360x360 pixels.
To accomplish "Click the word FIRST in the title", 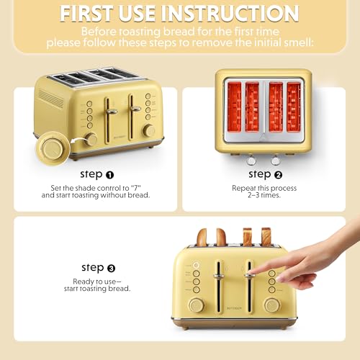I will pos(91,13).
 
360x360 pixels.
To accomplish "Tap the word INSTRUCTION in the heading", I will pos(235,13).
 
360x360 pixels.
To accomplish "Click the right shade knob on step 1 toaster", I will pos(148,130).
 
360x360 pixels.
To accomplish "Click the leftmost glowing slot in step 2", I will pos(234,106).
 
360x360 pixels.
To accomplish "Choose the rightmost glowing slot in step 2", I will pos(293,106).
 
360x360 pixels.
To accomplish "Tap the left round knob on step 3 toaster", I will pos(196,305).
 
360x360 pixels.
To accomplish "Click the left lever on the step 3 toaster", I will pos(216,275).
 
